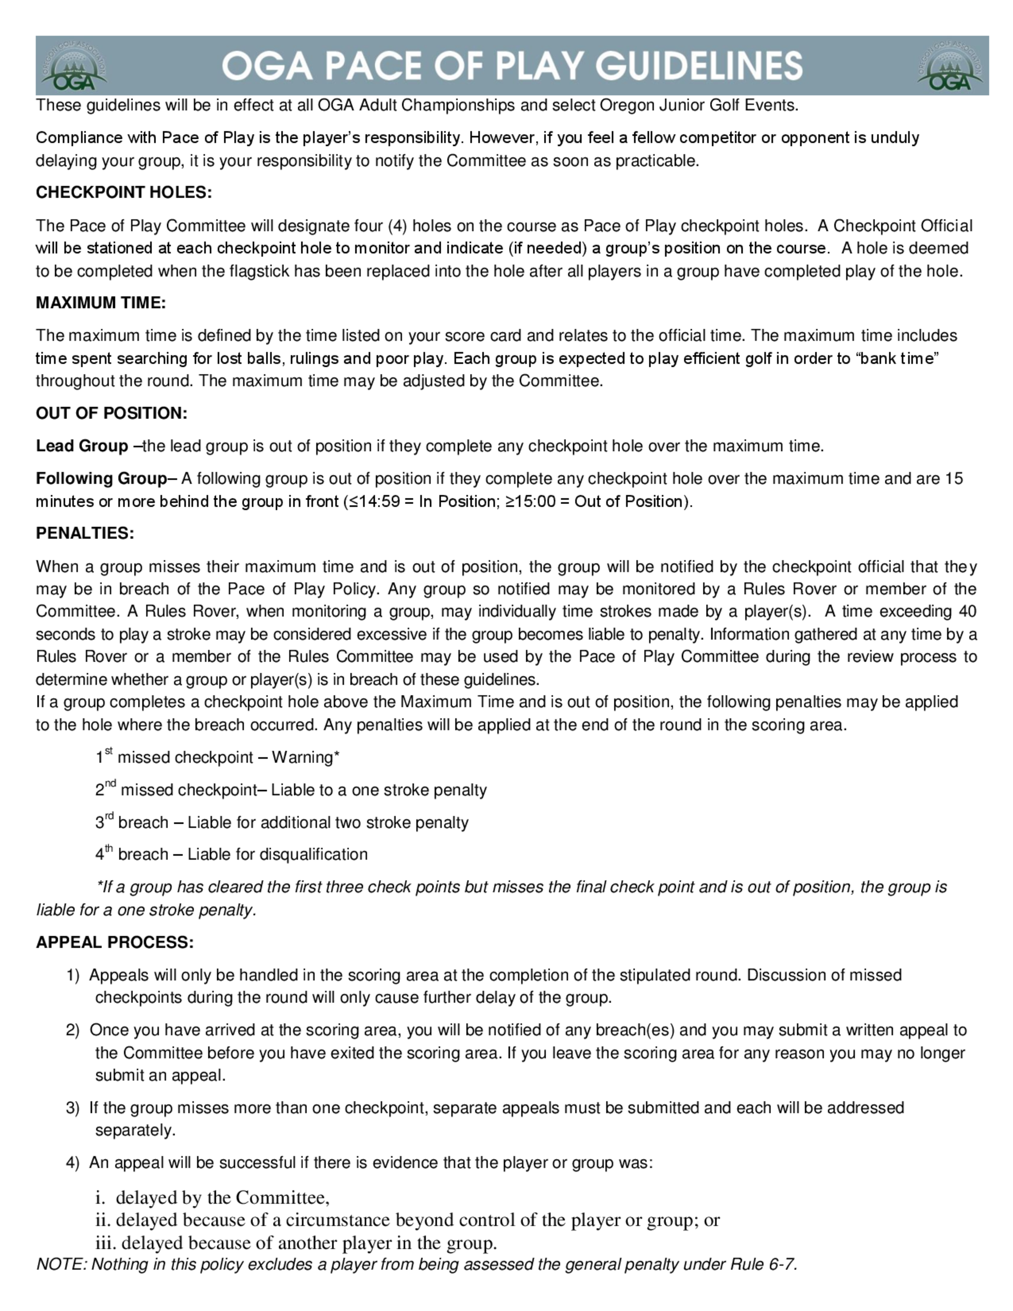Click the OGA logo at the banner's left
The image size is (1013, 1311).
74,66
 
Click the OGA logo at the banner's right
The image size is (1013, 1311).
950,66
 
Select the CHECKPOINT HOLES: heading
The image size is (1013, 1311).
124,192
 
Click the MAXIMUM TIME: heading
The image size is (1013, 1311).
101,302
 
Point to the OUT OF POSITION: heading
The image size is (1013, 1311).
111,413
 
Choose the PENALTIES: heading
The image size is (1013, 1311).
85,533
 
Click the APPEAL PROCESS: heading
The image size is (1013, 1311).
114,942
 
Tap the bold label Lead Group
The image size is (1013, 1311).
82,446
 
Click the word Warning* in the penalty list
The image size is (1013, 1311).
305,757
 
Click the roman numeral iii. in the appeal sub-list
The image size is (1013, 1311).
106,1243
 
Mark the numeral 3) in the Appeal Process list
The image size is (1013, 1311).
72,1107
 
